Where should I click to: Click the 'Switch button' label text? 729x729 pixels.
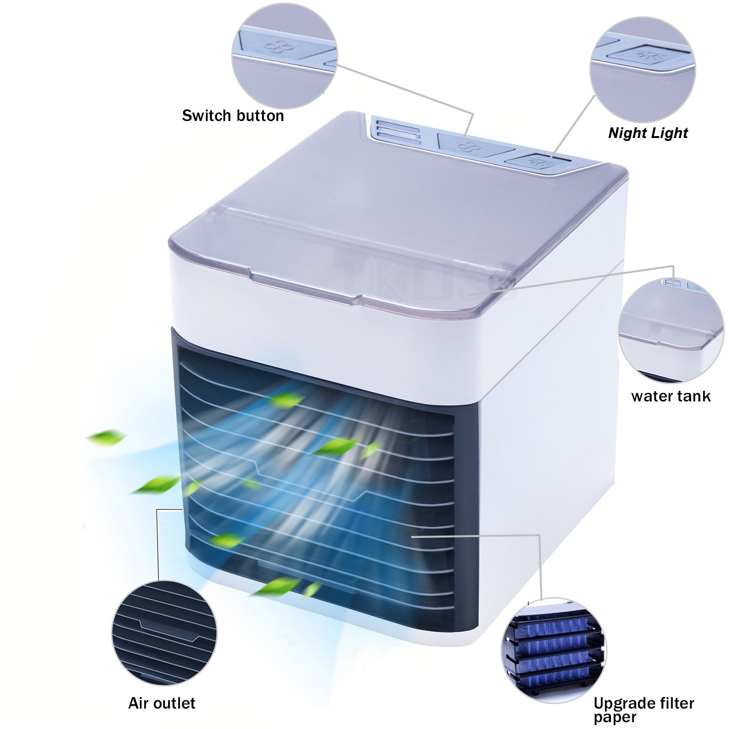[233, 116]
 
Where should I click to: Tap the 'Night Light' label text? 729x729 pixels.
[648, 133]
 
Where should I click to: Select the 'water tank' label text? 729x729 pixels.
[671, 396]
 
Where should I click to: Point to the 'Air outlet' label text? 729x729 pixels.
[162, 703]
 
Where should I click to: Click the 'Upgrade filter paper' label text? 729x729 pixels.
[644, 710]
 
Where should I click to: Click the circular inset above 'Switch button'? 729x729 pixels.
[284, 54]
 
